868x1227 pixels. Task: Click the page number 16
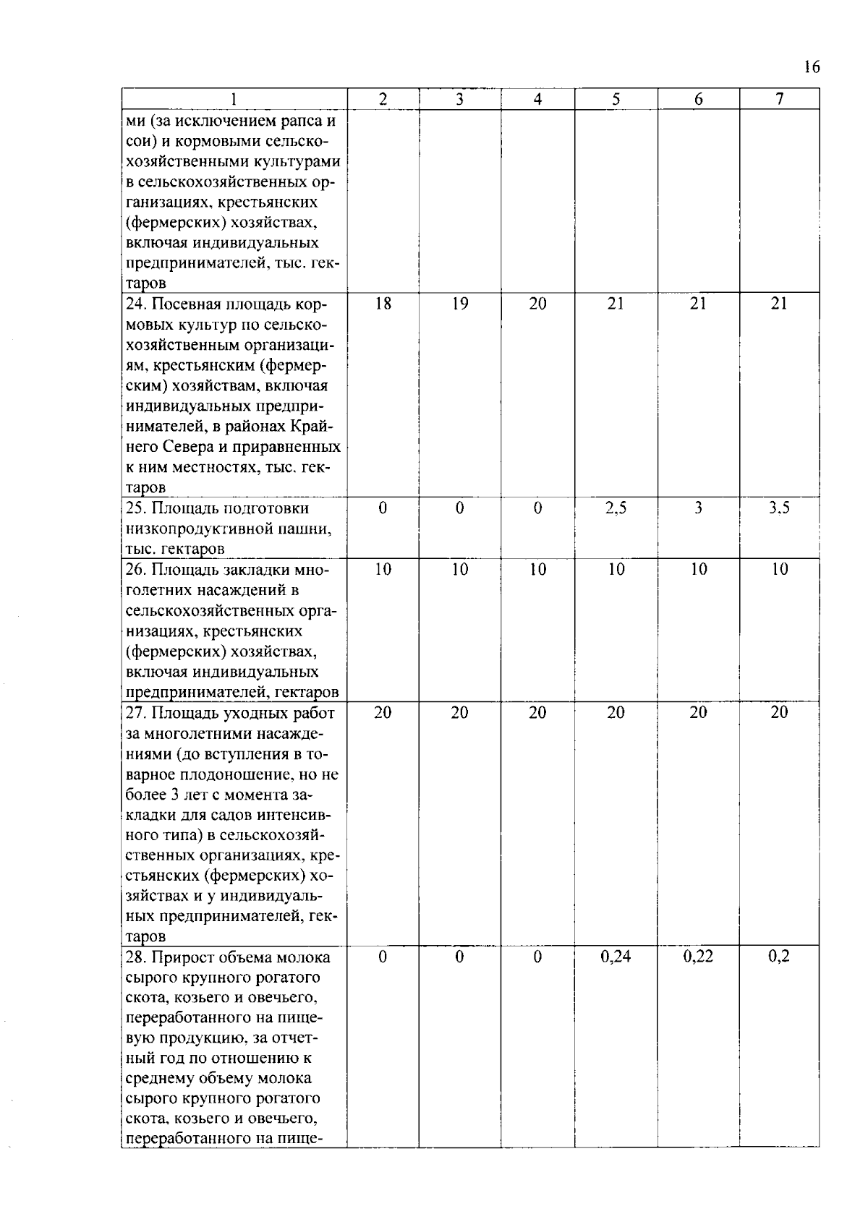click(x=812, y=67)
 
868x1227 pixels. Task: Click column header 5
click(x=616, y=100)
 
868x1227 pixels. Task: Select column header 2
click(x=383, y=100)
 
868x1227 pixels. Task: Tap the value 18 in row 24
click(x=383, y=304)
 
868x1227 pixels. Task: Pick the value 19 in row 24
click(x=460, y=304)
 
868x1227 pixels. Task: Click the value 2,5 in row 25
click(x=616, y=508)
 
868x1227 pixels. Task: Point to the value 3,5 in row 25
click(x=779, y=508)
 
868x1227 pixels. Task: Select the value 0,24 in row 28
click(x=616, y=957)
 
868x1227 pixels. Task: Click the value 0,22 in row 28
click(x=698, y=957)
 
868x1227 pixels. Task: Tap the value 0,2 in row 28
click(x=779, y=957)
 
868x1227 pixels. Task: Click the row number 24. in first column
click(x=137, y=304)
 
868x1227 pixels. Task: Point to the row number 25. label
click(x=137, y=508)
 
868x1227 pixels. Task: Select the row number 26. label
click(x=137, y=570)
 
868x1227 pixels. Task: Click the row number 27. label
click(x=137, y=713)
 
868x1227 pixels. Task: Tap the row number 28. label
click(x=137, y=957)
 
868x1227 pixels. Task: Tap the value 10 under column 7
click(x=779, y=570)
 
